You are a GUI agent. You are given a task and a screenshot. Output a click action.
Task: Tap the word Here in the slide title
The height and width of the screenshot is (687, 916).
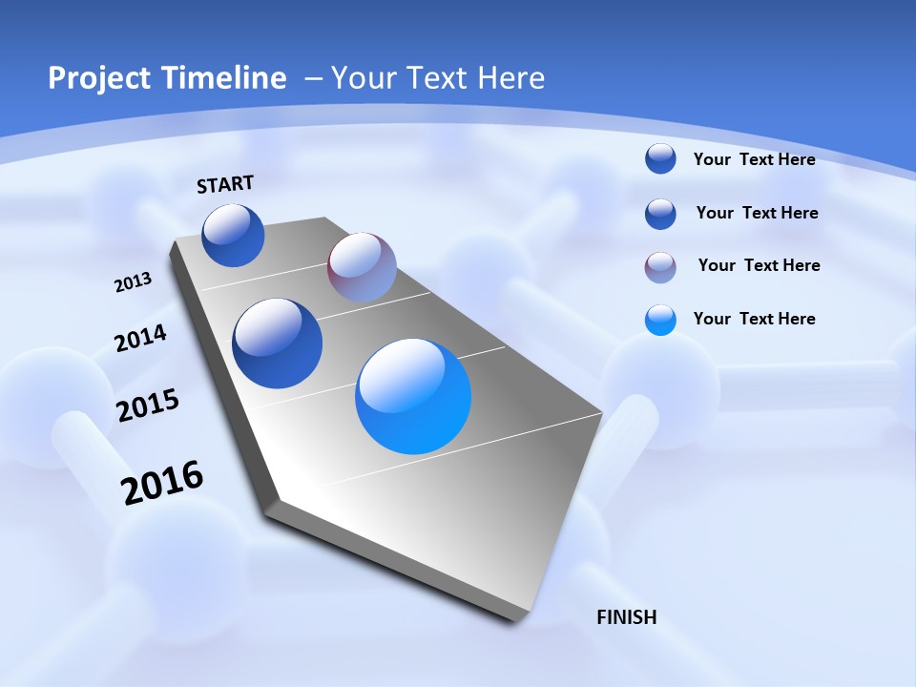pos(510,78)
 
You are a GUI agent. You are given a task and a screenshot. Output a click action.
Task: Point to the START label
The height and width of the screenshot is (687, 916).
pos(225,184)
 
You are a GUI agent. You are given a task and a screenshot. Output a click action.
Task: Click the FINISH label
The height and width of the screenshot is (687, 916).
pos(626,617)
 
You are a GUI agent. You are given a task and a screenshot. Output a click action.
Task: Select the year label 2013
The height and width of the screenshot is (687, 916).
pos(133,282)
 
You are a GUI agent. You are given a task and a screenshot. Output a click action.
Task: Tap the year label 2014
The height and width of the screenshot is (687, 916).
pos(140,339)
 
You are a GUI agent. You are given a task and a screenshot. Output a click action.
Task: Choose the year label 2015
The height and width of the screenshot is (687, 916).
pos(148,406)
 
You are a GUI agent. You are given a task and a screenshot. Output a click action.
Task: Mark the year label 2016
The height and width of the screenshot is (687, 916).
pos(162,483)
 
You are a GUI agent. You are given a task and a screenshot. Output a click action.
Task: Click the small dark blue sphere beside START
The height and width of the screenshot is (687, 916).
pos(233,235)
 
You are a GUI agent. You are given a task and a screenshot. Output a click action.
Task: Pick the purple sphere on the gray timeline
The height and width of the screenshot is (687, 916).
pos(362,267)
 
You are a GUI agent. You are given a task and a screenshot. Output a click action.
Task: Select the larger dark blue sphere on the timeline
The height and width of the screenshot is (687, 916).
pos(277,343)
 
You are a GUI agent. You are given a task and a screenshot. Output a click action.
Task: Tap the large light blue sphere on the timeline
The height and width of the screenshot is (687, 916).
pos(413,396)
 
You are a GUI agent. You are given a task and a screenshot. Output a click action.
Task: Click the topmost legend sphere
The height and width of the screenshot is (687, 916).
pos(660,158)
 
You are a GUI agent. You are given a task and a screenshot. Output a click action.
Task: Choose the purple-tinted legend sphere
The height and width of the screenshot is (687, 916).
pos(660,267)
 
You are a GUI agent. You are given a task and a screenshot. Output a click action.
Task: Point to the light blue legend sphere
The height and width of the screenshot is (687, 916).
pos(660,320)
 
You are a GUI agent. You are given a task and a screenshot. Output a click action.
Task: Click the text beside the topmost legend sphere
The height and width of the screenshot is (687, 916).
pos(754,159)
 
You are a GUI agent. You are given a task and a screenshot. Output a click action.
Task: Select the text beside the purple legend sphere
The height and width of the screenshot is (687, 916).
pos(759,265)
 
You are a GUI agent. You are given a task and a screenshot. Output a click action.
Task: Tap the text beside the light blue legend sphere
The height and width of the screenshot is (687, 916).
pos(754,319)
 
